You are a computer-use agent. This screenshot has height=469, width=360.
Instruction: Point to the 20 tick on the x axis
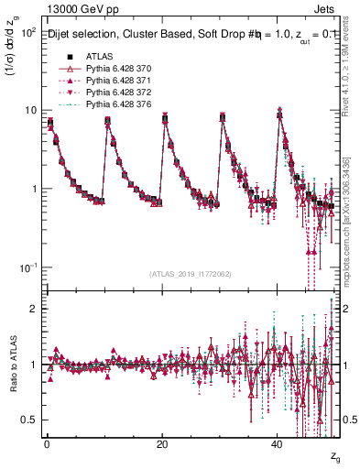click(162, 444)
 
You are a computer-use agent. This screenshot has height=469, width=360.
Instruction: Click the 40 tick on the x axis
click(278, 444)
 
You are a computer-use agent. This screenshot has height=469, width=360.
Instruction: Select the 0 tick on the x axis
click(47, 444)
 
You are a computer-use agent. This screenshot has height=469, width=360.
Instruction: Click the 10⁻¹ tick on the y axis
click(29, 267)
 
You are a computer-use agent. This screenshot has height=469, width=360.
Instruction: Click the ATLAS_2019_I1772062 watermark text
click(191, 275)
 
